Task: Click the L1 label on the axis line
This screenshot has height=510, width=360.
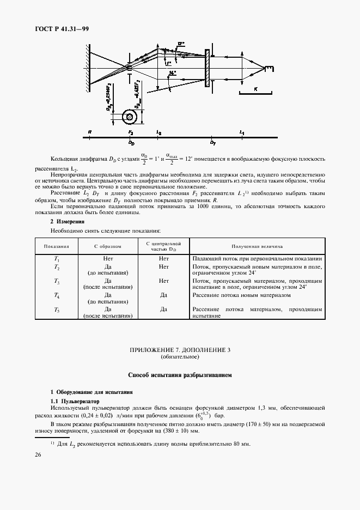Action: coord(242,132)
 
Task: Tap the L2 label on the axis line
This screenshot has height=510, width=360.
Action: coord(158,132)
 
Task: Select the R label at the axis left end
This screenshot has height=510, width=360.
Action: coord(89,132)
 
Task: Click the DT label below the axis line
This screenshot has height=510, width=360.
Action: coord(213,142)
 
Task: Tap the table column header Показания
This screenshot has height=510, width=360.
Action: coord(56,246)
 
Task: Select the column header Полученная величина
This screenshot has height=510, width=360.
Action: coord(257,246)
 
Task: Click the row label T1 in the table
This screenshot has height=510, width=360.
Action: coord(57,259)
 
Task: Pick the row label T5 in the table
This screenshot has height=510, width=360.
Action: coord(57,309)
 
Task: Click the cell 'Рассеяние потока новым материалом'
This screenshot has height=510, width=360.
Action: coord(241,295)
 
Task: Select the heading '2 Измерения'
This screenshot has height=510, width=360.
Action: coord(66,222)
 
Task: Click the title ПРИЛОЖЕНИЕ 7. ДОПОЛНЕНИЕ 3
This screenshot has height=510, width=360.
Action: coord(180,350)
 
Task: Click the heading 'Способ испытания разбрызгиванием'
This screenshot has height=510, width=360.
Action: coord(180,375)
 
